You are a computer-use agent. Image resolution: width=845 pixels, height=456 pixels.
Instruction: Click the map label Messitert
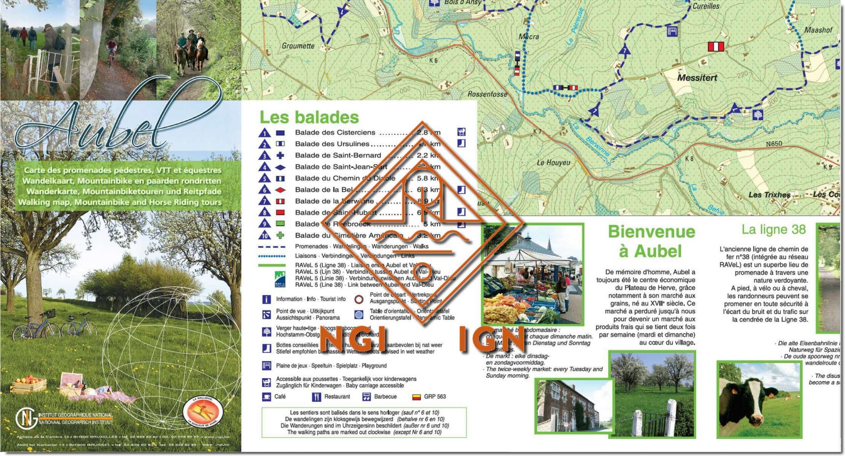pyautogui.click(x=697, y=78)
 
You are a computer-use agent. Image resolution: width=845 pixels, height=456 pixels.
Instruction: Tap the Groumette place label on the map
pyautogui.click(x=298, y=46)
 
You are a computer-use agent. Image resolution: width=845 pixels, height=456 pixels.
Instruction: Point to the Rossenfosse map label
pyautogui.click(x=487, y=94)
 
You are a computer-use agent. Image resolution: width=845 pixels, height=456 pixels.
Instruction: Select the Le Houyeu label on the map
pyautogui.click(x=554, y=162)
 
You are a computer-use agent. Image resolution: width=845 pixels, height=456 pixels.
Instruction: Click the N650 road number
pyautogui.click(x=774, y=144)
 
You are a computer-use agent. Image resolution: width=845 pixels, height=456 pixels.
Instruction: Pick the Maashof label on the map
pyautogui.click(x=818, y=30)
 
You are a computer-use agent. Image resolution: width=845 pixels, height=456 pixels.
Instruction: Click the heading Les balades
pyautogui.click(x=309, y=117)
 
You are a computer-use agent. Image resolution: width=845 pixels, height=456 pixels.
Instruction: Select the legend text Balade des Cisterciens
pyautogui.click(x=335, y=132)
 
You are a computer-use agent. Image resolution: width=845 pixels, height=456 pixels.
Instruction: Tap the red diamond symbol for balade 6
pyautogui.click(x=280, y=190)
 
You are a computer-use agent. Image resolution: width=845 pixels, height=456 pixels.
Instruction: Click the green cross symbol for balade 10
pyautogui.click(x=280, y=236)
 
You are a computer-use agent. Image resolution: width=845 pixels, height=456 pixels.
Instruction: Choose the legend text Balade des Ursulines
pyautogui.click(x=332, y=144)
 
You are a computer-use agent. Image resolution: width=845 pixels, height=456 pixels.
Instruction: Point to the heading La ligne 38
pyautogui.click(x=774, y=229)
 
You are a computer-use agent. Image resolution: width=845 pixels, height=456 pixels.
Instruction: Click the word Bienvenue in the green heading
pyautogui.click(x=651, y=232)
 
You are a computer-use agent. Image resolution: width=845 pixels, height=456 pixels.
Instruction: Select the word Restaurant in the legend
pyautogui.click(x=337, y=396)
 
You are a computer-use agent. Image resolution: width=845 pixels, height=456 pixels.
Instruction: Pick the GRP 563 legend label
pyautogui.click(x=435, y=396)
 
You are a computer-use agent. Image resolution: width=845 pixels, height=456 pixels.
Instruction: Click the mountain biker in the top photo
pyautogui.click(x=112, y=49)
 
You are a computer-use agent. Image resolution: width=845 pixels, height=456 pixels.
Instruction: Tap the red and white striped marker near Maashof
pyautogui.click(x=716, y=47)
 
